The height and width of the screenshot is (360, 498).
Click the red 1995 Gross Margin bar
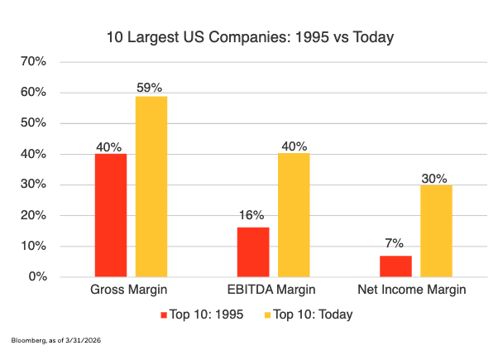point(111,215)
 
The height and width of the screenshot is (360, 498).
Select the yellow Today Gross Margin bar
point(151,186)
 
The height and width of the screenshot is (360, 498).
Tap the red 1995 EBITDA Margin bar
point(253,252)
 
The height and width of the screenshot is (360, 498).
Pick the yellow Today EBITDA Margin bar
point(294,215)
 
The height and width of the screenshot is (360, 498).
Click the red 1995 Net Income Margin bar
point(395,266)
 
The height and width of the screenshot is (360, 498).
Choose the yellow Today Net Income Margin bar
point(437,231)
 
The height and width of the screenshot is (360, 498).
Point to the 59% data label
point(149,88)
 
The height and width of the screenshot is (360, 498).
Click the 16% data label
point(251,215)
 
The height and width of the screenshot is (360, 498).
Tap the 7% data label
point(394,243)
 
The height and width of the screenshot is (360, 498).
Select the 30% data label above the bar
point(434,179)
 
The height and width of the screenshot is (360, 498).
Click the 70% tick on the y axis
point(33,61)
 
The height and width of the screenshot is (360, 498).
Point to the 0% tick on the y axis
point(38,276)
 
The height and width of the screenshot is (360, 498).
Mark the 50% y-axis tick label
point(33,122)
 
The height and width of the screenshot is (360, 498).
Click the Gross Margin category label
point(128,290)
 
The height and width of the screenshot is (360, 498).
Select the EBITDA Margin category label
point(271,290)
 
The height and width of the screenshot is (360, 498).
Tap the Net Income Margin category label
point(412,290)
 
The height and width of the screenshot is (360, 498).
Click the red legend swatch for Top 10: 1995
point(164,315)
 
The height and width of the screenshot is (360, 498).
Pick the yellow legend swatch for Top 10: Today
point(267,315)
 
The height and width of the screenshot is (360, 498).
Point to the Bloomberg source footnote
point(56,340)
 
